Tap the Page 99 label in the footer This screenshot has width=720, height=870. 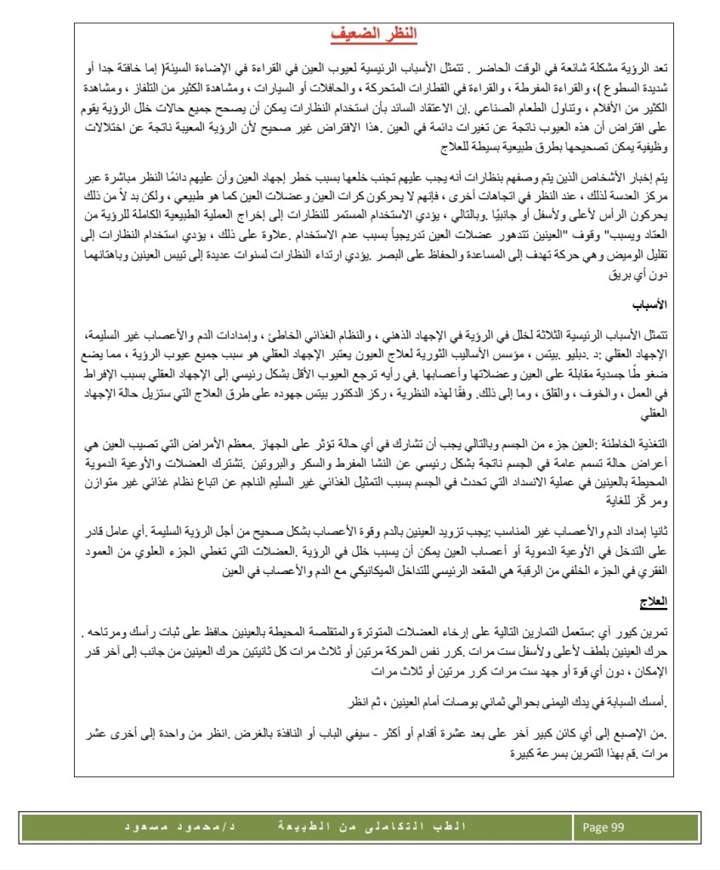(x=604, y=827)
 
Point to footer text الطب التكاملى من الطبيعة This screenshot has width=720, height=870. (x=392, y=827)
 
